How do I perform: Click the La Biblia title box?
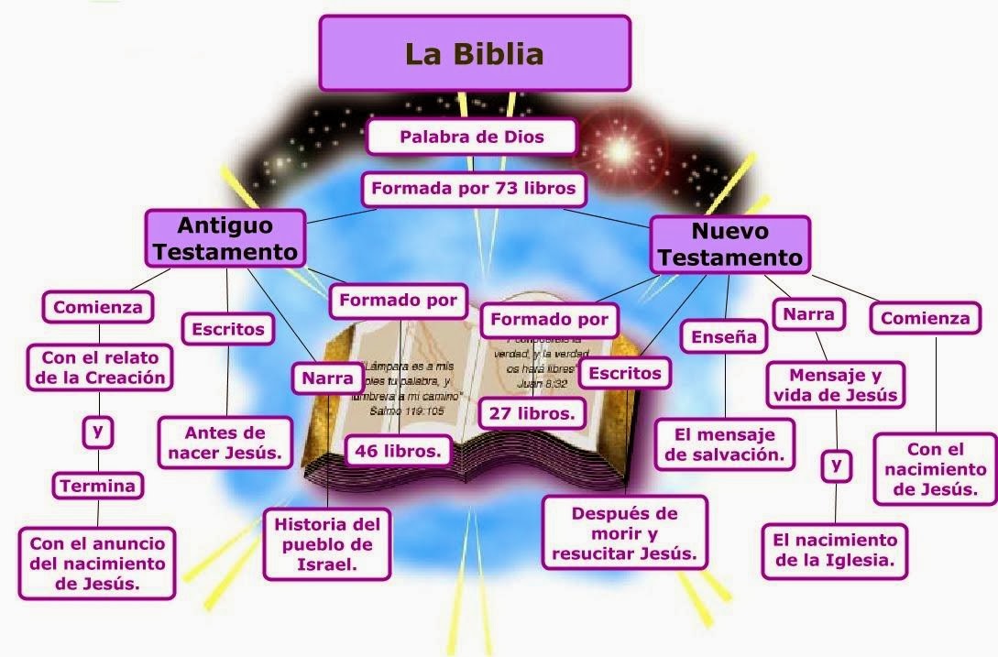(474, 53)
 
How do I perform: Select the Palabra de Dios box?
(471, 137)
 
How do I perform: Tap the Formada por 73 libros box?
(473, 190)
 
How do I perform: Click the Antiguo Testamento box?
(225, 238)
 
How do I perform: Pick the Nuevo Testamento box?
(729, 245)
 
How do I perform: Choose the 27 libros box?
(532, 413)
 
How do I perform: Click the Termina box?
(98, 487)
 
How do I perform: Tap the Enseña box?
(723, 337)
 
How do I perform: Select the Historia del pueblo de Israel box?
(326, 544)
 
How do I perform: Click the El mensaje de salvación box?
(725, 444)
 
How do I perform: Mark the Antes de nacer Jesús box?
(225, 443)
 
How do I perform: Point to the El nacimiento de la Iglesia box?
(835, 550)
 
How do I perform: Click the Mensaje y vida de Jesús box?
(834, 386)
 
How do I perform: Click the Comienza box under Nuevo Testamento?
(924, 319)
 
